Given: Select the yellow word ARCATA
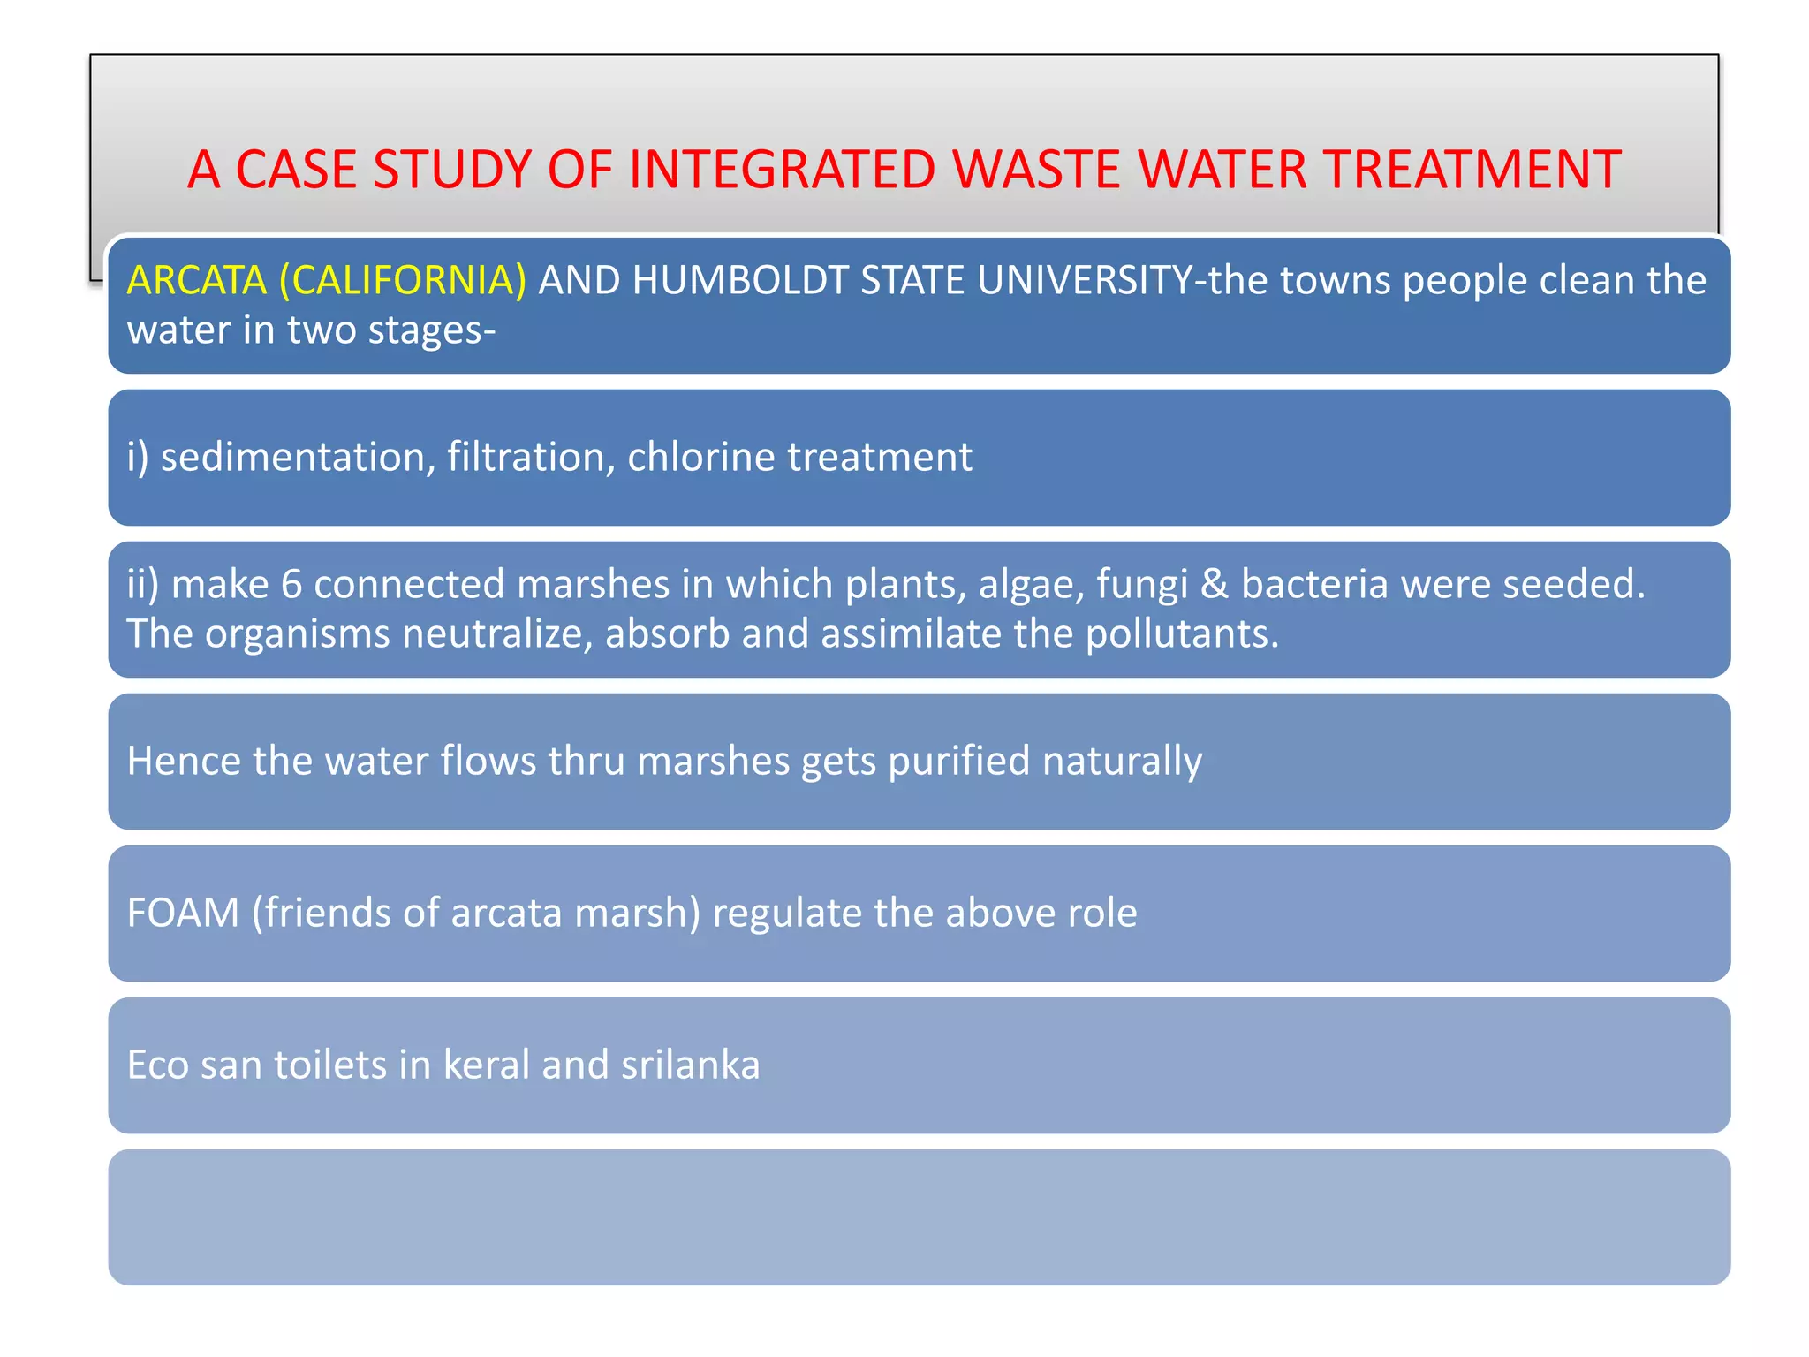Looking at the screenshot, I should tap(196, 280).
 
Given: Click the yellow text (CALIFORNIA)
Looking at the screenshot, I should tap(403, 280).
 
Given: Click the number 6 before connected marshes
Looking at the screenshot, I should tap(291, 584).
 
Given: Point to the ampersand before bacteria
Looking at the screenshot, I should tap(1215, 584).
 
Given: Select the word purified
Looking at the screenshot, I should tap(958, 761).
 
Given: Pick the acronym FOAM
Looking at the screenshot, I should tap(183, 913).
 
